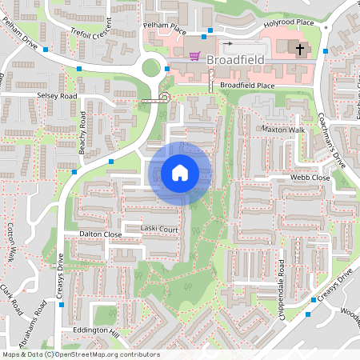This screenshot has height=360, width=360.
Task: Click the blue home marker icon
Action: pos(180,173)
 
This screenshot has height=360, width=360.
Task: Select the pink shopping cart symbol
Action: pos(195,56)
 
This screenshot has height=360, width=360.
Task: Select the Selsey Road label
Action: pos(56,96)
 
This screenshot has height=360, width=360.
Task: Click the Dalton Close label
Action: pos(101,234)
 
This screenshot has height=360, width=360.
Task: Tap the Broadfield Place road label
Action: pos(247,84)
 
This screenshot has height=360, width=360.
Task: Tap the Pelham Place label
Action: pos(164,26)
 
